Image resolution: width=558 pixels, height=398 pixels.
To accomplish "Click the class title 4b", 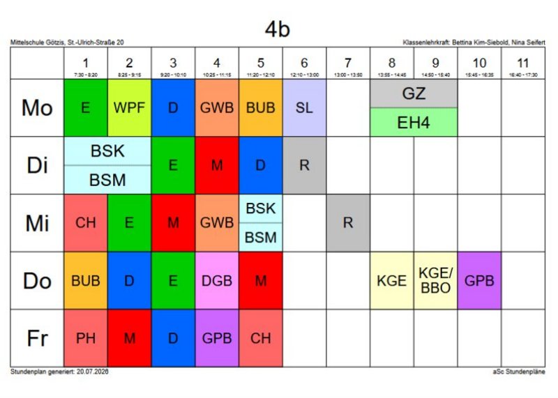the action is (277, 29).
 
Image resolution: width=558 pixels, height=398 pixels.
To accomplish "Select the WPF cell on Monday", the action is (129, 108).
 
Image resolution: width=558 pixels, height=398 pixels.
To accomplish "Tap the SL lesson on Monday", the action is (304, 108).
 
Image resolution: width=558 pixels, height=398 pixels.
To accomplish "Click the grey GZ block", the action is (414, 93).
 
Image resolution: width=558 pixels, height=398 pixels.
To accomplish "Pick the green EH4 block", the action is (414, 123).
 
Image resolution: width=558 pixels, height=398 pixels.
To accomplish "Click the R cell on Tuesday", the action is (304, 165).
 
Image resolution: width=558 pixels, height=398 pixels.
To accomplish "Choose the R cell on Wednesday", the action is (348, 223).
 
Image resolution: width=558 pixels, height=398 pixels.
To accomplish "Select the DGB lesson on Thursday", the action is (217, 281).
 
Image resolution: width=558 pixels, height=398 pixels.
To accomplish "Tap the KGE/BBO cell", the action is (435, 281).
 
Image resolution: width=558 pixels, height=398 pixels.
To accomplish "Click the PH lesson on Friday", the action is (85, 338).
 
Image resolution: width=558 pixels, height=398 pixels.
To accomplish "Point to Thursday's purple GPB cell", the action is (479, 281).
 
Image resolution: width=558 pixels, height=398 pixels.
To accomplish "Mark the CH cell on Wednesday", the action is (85, 223).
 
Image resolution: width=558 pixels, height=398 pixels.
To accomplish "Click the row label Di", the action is (37, 165).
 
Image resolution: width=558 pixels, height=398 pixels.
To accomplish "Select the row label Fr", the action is (37, 338).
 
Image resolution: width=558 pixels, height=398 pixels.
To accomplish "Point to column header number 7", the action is (348, 63).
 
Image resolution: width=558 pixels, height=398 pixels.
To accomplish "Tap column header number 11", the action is (522, 63).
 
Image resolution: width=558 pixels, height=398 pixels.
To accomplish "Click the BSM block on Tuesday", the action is (107, 180).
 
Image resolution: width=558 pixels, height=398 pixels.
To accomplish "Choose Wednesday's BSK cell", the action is (260, 208).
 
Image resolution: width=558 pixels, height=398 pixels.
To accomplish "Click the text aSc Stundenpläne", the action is (518, 372).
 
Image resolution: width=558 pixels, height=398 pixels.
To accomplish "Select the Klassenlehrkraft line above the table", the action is (474, 43).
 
